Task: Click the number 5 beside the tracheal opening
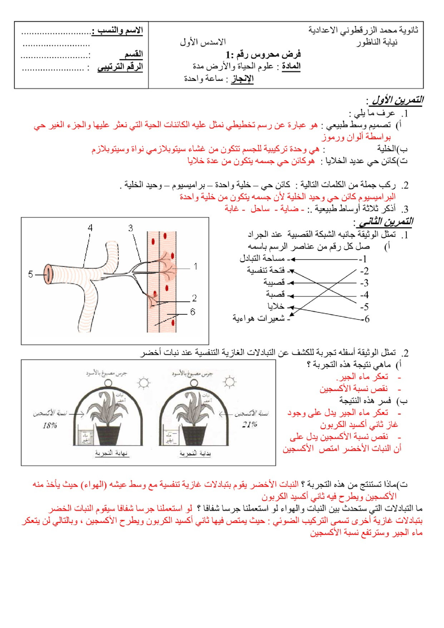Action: click(x=30, y=274)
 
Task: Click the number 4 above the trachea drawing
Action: click(x=90, y=228)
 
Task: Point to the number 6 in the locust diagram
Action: click(x=193, y=312)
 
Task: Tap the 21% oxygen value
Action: click(x=250, y=424)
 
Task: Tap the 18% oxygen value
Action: click(x=50, y=425)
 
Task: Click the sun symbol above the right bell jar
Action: click(x=230, y=382)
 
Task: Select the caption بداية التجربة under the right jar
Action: click(x=195, y=453)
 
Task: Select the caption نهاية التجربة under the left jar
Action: click(x=111, y=453)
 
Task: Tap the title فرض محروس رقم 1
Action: click(x=263, y=54)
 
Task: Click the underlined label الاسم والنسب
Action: click(x=118, y=30)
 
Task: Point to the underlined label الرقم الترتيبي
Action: click(x=120, y=67)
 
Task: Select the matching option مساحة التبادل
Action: click(x=262, y=258)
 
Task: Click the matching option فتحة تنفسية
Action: click(x=266, y=270)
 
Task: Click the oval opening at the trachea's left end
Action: click(x=48, y=274)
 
